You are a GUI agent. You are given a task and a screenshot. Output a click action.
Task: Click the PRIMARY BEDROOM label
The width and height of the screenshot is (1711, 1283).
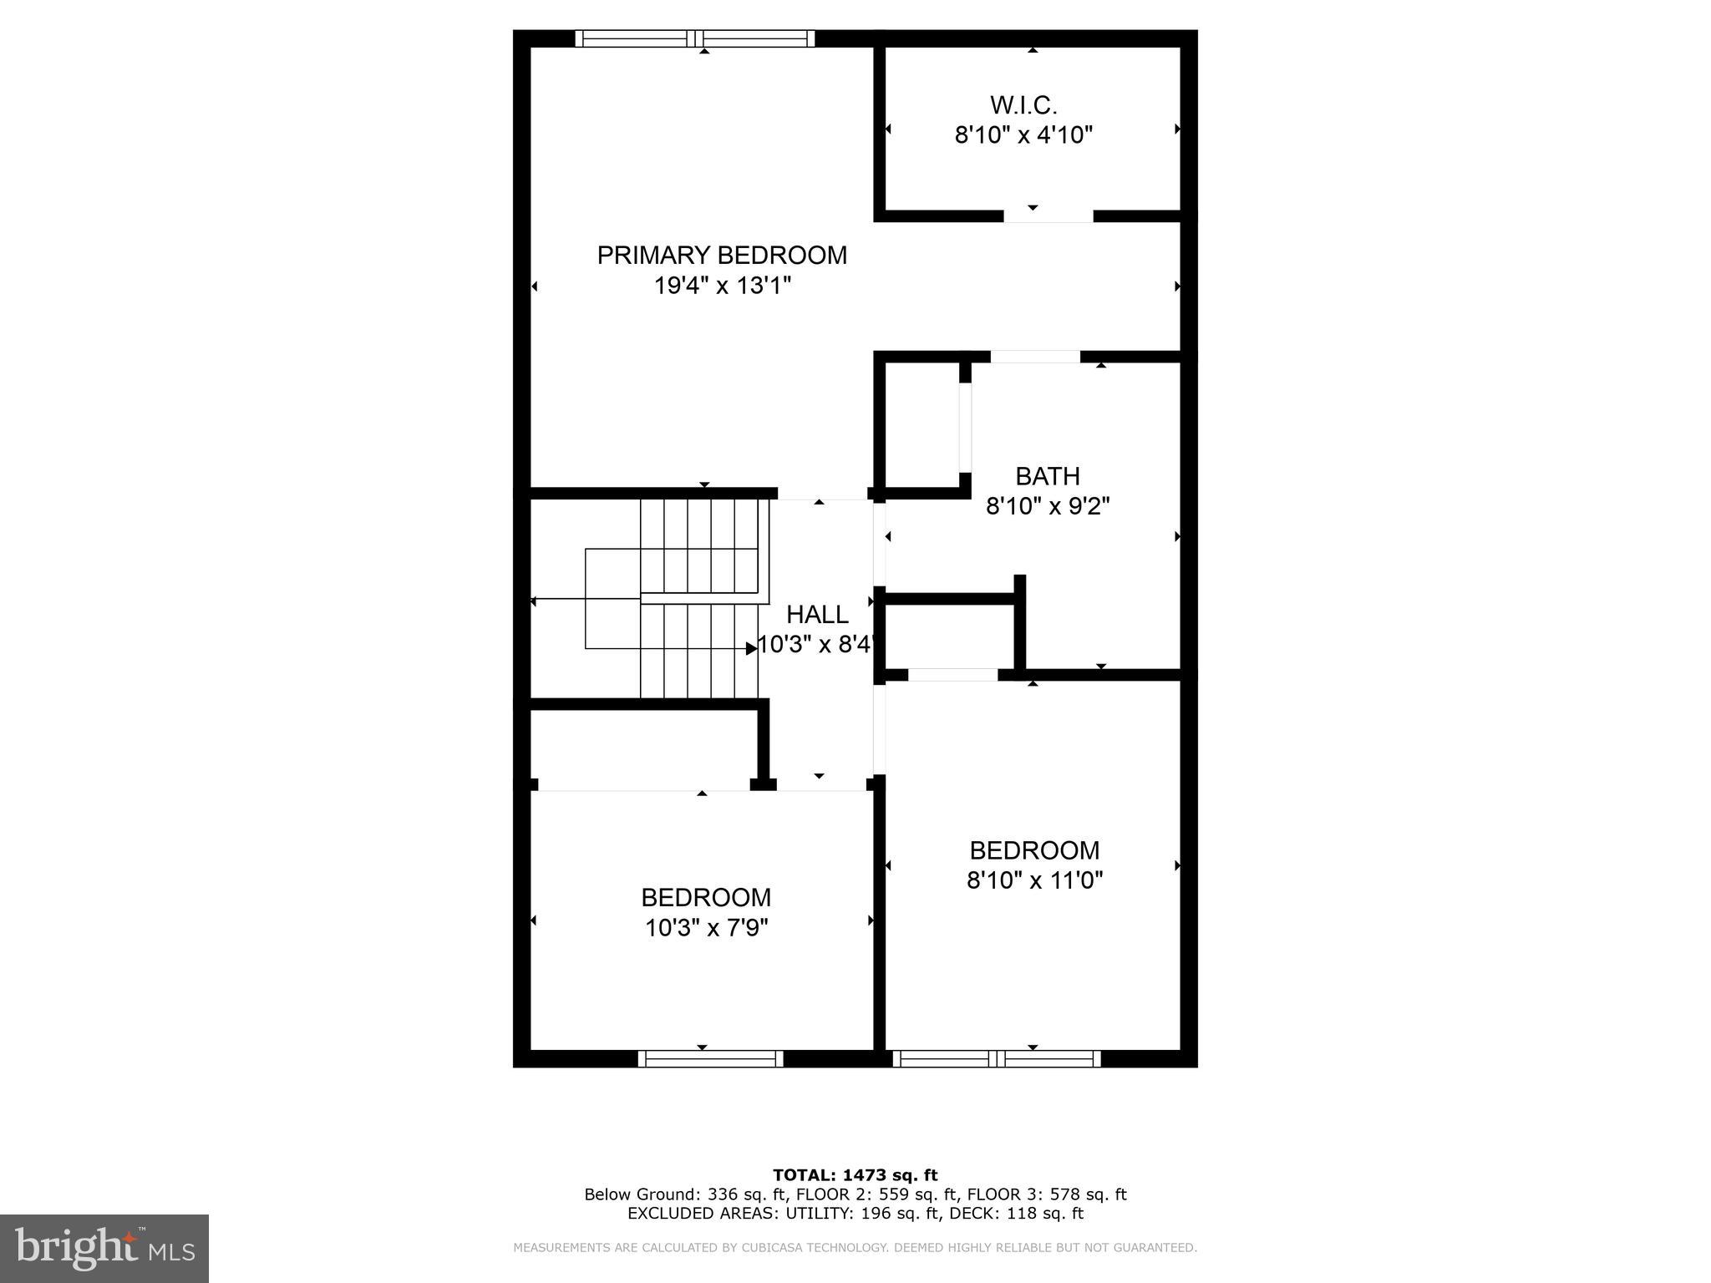point(722,255)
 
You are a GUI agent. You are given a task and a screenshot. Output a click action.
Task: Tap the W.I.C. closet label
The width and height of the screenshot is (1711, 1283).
point(1023,105)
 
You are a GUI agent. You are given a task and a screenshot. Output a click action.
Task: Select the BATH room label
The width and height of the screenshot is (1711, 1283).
point(1048,476)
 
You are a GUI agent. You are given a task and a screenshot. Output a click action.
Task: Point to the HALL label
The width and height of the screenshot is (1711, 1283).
point(817,615)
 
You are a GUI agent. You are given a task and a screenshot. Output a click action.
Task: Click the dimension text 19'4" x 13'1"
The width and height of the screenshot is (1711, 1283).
point(722,286)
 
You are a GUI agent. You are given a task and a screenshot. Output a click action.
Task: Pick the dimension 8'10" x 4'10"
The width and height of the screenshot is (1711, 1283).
point(1023,134)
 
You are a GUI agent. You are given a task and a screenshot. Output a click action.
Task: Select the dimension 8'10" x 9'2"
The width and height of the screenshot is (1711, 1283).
point(1048,506)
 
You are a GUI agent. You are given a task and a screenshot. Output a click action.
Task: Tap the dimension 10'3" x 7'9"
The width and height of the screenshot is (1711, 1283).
point(706,928)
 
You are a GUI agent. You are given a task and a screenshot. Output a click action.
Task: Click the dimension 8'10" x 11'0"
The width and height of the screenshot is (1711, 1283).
point(1034,880)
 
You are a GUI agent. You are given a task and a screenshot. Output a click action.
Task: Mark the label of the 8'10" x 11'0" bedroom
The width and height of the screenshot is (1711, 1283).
point(1034,850)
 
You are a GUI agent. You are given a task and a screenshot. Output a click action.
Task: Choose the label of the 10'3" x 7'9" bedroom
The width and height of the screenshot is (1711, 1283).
point(706,898)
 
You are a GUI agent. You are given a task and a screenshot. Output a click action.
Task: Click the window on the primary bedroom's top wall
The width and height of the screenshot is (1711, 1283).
point(694,38)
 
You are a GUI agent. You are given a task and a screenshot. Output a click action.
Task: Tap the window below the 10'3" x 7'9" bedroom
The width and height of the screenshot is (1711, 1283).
point(710,1058)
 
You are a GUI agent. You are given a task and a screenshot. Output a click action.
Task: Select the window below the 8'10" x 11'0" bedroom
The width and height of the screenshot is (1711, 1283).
point(996,1058)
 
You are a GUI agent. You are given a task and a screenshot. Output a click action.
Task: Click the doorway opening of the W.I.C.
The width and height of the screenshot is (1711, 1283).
point(1048,216)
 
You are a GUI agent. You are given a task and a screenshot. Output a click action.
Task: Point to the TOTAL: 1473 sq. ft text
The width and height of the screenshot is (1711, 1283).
point(855,1175)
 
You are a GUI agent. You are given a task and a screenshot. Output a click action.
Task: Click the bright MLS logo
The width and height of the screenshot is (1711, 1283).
point(104,1248)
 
